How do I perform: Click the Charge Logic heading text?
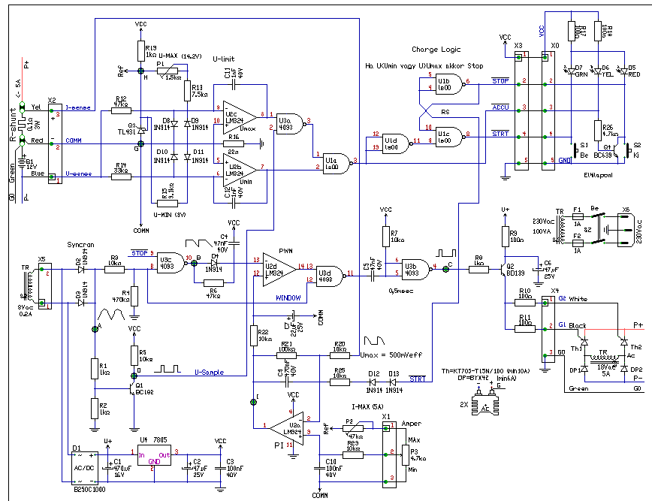pyautogui.click(x=435, y=50)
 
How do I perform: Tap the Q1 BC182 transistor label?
pyautogui.click(x=146, y=391)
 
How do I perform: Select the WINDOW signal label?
pyautogui.click(x=288, y=297)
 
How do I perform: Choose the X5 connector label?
pyautogui.click(x=41, y=259)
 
